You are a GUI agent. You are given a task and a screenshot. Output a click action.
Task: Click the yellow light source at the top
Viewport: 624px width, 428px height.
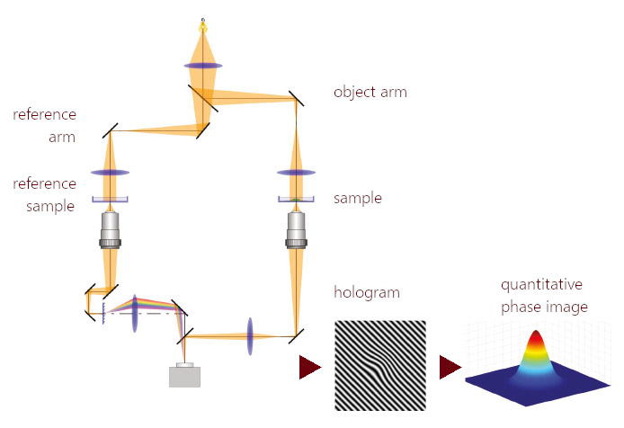point(203,27)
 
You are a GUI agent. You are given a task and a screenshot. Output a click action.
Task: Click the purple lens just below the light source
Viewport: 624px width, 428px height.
point(203,65)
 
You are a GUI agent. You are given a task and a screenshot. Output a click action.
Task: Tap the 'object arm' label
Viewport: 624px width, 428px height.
point(370,92)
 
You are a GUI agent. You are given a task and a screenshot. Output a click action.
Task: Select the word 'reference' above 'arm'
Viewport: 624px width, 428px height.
point(44,115)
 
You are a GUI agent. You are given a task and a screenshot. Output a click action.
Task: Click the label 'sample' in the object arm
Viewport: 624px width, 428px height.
point(357,198)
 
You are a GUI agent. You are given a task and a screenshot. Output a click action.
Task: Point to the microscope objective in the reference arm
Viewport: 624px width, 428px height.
point(110,228)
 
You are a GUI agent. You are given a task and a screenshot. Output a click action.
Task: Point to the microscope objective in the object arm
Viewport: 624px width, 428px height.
point(295,228)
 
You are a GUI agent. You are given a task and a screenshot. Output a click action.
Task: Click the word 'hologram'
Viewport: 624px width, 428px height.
point(367,292)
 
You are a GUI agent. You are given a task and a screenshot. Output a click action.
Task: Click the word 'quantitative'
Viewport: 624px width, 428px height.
point(542,285)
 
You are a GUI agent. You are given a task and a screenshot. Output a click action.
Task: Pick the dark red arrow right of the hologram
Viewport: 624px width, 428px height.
point(450,367)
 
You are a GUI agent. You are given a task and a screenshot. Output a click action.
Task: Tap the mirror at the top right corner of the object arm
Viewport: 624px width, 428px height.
point(295,98)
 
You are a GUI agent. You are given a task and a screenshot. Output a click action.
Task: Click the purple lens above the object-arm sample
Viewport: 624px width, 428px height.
point(295,172)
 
